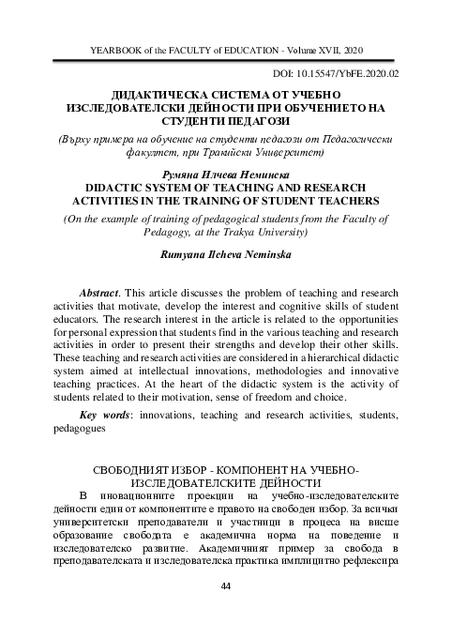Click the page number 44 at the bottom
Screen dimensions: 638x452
pyautogui.click(x=225, y=586)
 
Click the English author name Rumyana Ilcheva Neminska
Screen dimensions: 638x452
pyautogui.click(x=225, y=255)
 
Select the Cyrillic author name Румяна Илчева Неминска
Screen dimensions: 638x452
pyautogui.click(x=225, y=175)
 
